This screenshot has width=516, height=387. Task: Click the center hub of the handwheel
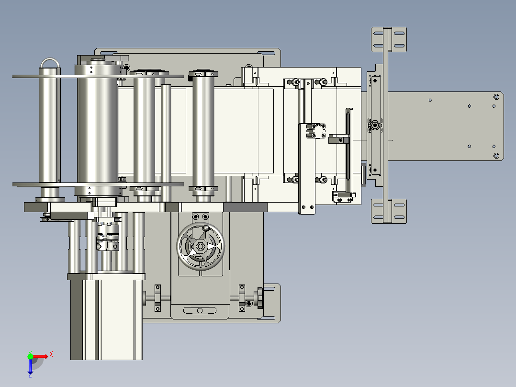[201, 246]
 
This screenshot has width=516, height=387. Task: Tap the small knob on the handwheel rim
[206, 228]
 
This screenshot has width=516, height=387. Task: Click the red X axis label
[51, 354]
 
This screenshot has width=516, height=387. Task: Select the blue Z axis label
[30, 375]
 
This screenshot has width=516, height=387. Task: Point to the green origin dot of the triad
[30, 356]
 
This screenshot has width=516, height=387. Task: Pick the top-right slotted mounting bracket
[389, 40]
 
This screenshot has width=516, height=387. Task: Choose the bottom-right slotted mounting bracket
[389, 211]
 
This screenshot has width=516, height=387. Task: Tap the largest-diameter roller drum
[98, 130]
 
